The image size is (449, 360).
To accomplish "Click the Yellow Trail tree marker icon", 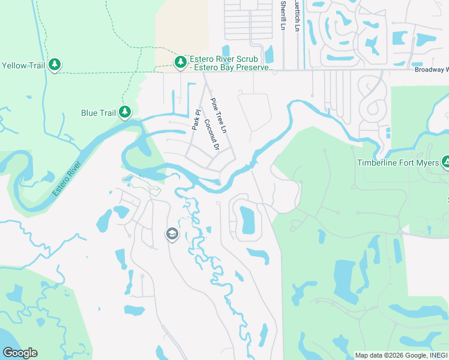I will pyautogui.click(x=55, y=65).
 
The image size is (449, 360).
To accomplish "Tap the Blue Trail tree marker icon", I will pyautogui.click(x=125, y=112).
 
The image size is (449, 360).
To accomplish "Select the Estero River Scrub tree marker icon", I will pyautogui.click(x=180, y=62).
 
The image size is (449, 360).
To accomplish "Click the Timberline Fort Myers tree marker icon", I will pyautogui.click(x=445, y=162).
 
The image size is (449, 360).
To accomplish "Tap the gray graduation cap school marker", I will pyautogui.click(x=172, y=234).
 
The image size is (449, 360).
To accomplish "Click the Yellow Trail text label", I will pyautogui.click(x=22, y=65).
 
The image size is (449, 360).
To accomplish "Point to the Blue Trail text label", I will pyautogui.click(x=98, y=112).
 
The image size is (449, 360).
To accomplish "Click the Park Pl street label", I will pyautogui.click(x=196, y=120).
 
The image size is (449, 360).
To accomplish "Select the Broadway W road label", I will pyautogui.click(x=431, y=70).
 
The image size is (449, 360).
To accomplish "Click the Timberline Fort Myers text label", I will pyautogui.click(x=399, y=163).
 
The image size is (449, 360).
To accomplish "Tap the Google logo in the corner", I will pyautogui.click(x=20, y=352).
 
